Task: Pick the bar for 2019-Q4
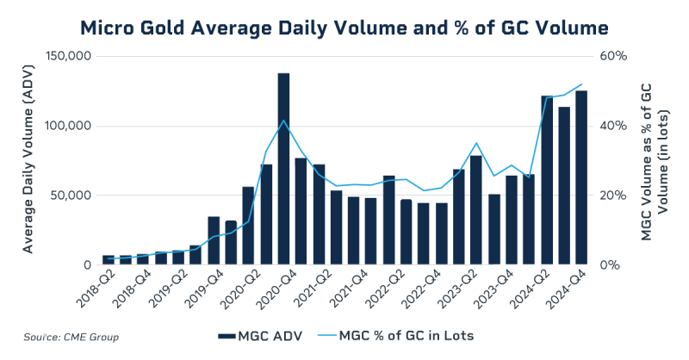click(214, 241)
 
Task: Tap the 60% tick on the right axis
click(613, 57)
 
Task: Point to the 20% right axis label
click(613, 196)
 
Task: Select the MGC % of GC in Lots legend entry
click(401, 335)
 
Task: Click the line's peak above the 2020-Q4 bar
click(283, 121)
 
